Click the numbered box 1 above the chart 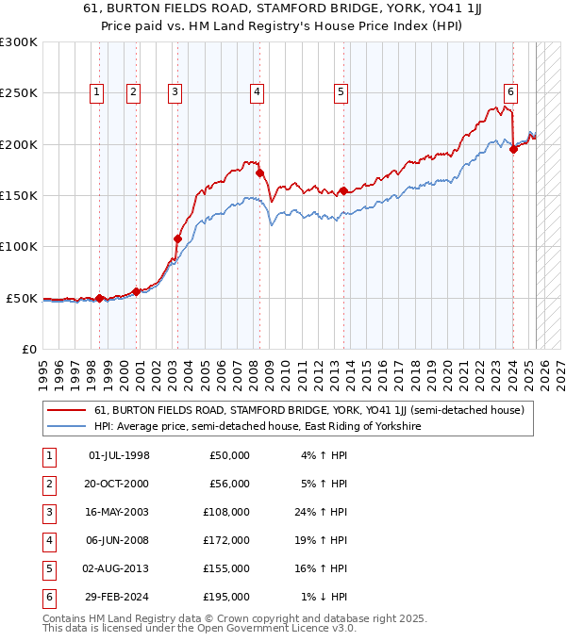click(99, 91)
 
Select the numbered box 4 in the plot click(257, 91)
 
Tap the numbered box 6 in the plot click(509, 91)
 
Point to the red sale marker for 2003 click(177, 238)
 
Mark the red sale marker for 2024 click(513, 149)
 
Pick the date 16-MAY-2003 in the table click(119, 512)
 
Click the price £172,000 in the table click(229, 540)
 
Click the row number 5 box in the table click(48, 568)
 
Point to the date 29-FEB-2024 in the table click(119, 597)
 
